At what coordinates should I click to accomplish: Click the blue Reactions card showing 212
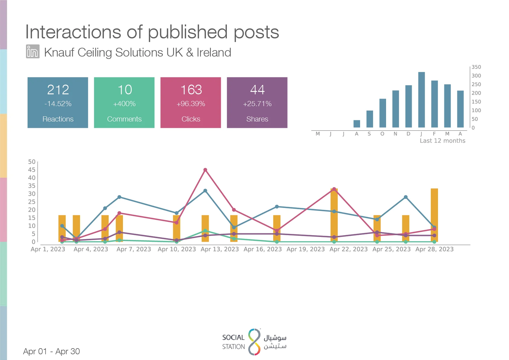pyautogui.click(x=58, y=102)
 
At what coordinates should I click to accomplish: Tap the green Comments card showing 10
pyautogui.click(x=124, y=102)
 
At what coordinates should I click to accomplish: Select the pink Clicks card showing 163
pyautogui.click(x=191, y=102)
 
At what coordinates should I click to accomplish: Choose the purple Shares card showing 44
pyautogui.click(x=257, y=102)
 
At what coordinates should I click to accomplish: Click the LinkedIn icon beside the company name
pyautogui.click(x=33, y=51)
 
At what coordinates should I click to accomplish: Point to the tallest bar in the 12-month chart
pyautogui.click(x=421, y=100)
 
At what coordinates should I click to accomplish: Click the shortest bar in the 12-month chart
pyautogui.click(x=357, y=124)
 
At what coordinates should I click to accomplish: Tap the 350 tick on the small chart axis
pyautogui.click(x=476, y=67)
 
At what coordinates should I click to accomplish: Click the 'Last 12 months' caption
pyautogui.click(x=443, y=141)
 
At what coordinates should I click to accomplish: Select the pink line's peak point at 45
pyautogui.click(x=205, y=170)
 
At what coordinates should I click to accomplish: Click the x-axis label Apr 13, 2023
pyautogui.click(x=220, y=249)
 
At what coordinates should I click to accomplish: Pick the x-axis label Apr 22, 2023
pyautogui.click(x=349, y=249)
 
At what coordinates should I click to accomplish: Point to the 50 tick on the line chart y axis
pyautogui.click(x=32, y=162)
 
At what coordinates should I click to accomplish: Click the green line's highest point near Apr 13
pyautogui.click(x=205, y=231)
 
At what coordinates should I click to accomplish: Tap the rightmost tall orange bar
pyautogui.click(x=434, y=215)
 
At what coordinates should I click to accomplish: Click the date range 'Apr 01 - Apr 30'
pyautogui.click(x=51, y=351)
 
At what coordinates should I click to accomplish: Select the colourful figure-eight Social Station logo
pyautogui.click(x=254, y=342)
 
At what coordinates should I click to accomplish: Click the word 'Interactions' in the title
pyautogui.click(x=73, y=32)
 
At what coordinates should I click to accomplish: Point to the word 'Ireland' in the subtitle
pyautogui.click(x=214, y=52)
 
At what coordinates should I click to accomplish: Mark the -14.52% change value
pyautogui.click(x=58, y=104)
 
